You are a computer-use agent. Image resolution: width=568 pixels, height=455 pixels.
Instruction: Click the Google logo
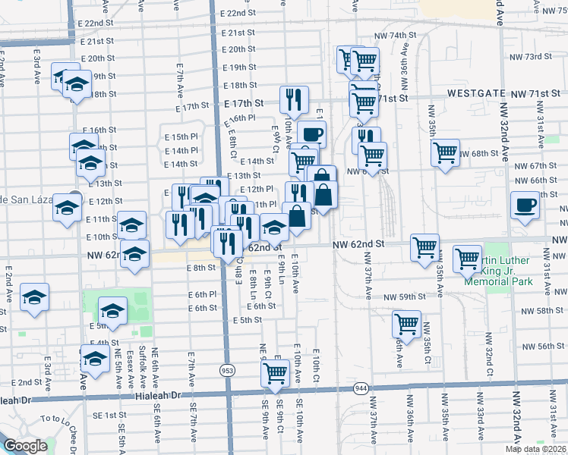click(25, 446)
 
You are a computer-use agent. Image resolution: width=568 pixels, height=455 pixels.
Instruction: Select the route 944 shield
click(361, 388)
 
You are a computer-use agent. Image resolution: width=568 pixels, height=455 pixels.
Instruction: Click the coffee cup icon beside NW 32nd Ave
click(525, 206)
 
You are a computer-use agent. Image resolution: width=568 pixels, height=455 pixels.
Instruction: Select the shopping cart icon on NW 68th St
click(445, 152)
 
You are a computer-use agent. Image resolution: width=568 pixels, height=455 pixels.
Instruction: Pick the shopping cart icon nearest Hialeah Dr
click(275, 373)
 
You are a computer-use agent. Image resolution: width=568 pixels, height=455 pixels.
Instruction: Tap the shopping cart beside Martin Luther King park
click(468, 259)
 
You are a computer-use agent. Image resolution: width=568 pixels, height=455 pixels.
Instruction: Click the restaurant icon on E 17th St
click(293, 99)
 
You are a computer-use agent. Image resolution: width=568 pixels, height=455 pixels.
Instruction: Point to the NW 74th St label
click(399, 36)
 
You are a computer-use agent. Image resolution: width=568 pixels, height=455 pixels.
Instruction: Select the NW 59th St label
click(401, 297)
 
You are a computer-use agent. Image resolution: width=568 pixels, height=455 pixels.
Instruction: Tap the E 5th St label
click(248, 320)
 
